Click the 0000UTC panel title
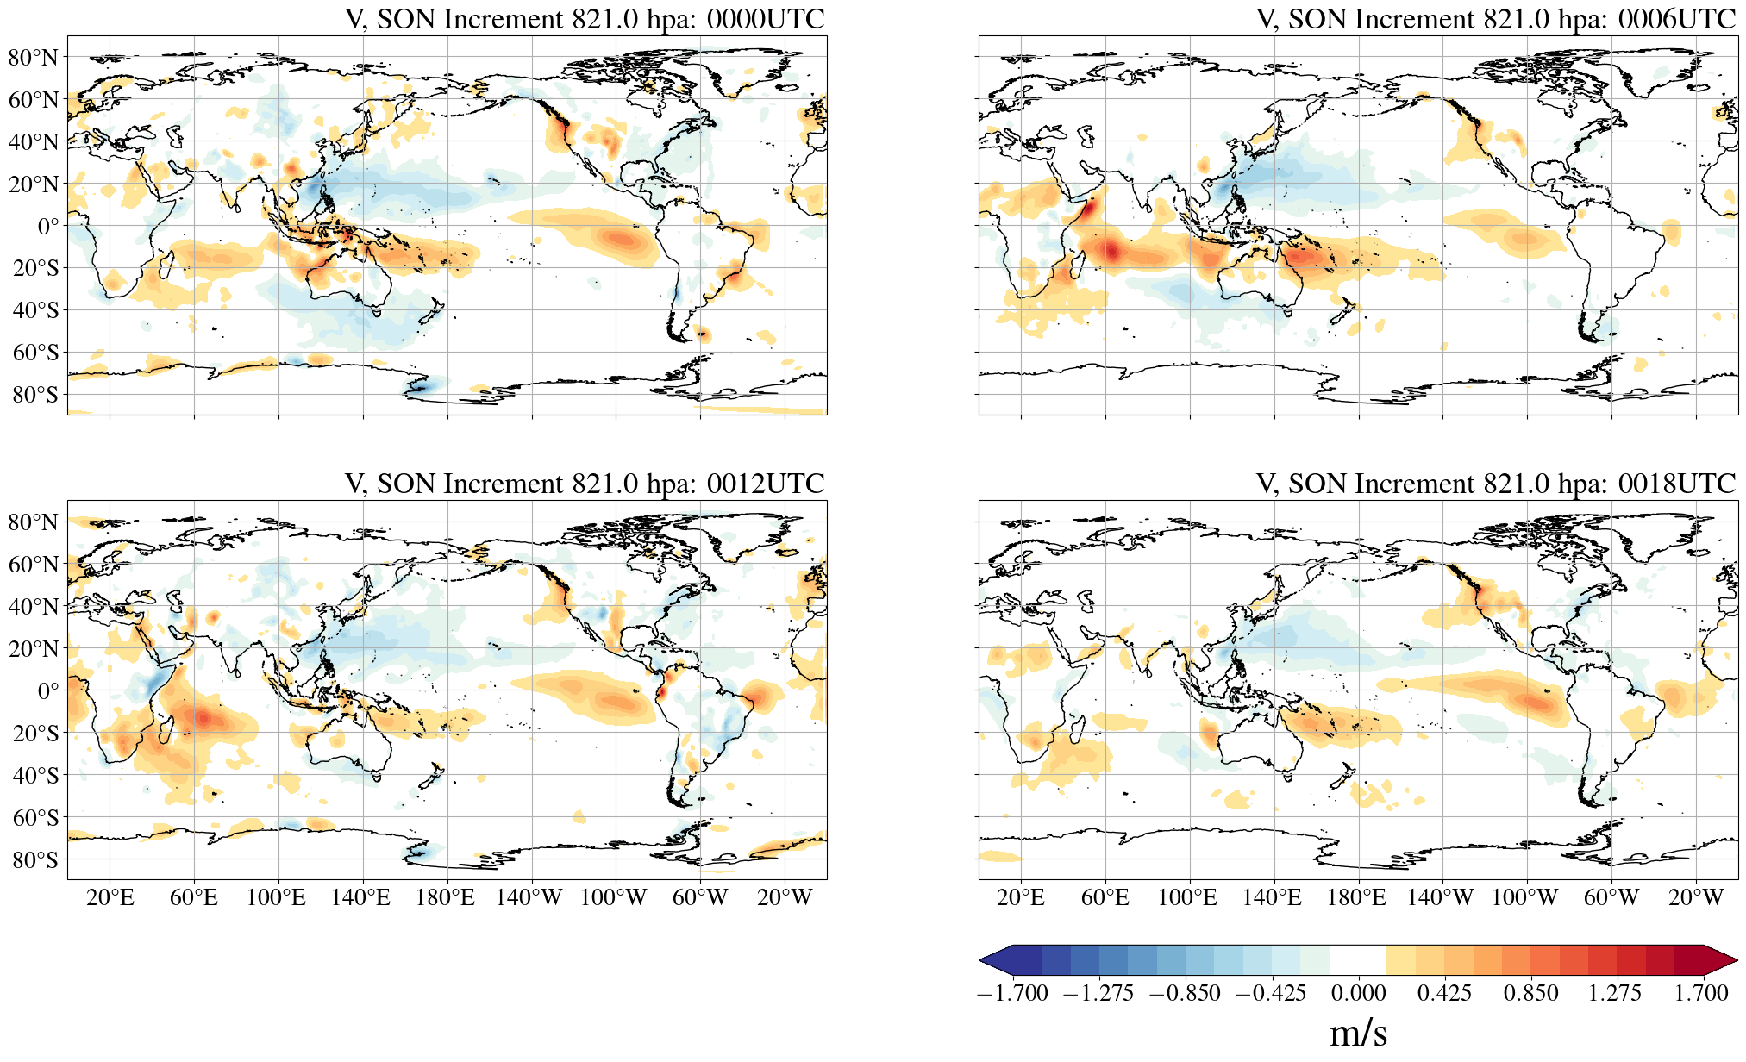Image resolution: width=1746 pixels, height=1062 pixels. tap(585, 19)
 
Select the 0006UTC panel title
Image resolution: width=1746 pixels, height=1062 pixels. tap(1496, 19)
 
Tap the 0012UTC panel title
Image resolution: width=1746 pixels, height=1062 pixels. tap(585, 484)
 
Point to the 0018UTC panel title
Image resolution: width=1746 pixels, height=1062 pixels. tap(1496, 484)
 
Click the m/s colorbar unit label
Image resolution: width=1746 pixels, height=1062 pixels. tap(1358, 1033)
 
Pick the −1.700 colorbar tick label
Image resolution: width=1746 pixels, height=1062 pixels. tap(1012, 993)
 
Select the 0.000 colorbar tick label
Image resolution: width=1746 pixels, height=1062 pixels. tap(1358, 993)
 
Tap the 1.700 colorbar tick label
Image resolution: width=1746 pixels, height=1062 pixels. tap(1701, 993)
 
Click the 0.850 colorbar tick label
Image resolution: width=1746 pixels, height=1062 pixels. tap(1530, 993)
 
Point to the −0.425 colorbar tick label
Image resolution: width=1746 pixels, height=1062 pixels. tap(1271, 993)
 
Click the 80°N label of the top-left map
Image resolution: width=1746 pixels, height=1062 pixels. tap(34, 58)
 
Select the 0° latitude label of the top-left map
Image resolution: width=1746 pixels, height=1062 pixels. tap(48, 226)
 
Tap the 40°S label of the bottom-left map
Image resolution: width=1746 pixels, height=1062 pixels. tap(35, 775)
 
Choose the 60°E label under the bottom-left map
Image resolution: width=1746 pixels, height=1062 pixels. tap(194, 898)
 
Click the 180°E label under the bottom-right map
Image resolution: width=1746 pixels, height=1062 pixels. tap(1356, 898)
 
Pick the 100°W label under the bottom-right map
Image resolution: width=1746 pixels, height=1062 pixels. tap(1525, 898)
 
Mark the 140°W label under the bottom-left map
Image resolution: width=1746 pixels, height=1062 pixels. tap(529, 898)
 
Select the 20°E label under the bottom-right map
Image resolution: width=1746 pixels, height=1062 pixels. tap(1021, 898)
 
